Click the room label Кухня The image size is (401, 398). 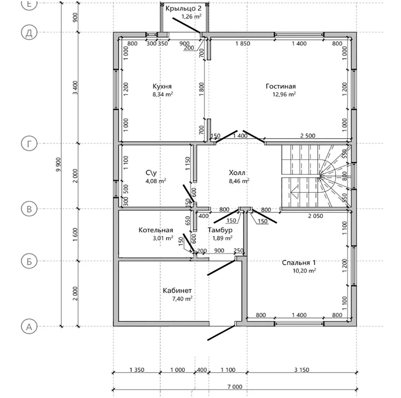point(162,86)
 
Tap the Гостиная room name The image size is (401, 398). point(280,86)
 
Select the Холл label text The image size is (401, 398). point(237,173)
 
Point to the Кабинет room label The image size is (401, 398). point(177,290)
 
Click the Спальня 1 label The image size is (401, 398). point(299,263)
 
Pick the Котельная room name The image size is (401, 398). point(156,230)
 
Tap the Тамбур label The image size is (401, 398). point(220,230)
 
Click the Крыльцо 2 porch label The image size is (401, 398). point(184,8)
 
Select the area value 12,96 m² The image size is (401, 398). point(284,94)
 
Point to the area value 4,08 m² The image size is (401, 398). point(156,181)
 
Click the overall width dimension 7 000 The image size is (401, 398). point(235,387)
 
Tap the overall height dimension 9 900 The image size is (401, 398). point(59,164)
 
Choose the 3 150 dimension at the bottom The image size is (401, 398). point(302,370)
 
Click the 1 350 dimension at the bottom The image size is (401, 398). point(137,370)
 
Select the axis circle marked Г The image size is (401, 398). point(29,144)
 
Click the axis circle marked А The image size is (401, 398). point(29,327)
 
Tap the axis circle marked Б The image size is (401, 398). point(29,261)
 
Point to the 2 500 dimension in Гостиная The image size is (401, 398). point(308,136)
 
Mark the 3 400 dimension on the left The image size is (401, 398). point(75,88)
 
